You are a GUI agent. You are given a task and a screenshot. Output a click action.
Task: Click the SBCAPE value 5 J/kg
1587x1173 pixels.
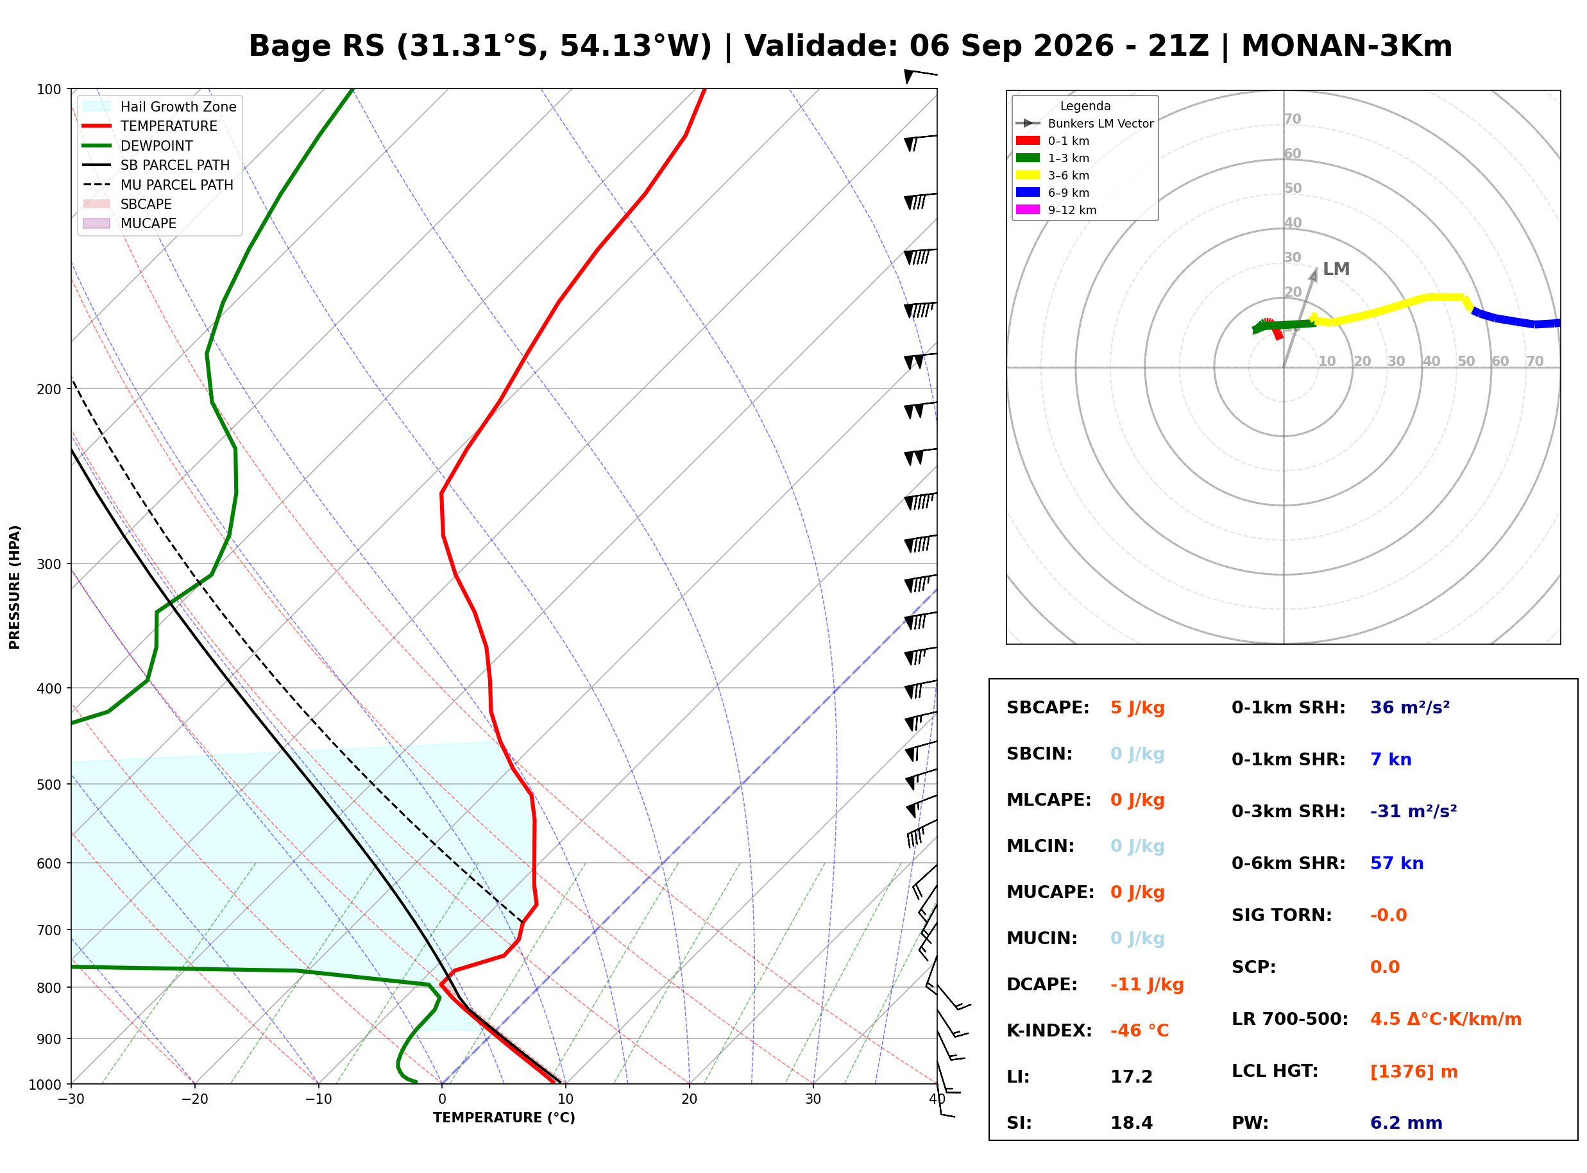pos(1137,708)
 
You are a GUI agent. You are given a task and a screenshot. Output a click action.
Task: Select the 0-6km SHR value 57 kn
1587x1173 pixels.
pos(1396,863)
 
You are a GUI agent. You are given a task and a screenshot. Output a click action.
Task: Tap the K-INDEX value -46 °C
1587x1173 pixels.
pos(1139,1030)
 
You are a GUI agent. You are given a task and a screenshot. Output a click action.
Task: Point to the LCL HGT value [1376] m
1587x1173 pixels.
pos(1414,1072)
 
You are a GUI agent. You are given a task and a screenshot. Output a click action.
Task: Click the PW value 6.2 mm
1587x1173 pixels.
pos(1406,1122)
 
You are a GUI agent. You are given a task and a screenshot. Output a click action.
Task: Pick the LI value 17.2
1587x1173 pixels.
pos(1131,1076)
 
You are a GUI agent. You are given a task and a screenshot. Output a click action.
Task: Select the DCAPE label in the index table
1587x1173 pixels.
pos(1041,984)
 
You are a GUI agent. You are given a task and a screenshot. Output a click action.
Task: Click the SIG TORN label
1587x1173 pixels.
pos(1282,915)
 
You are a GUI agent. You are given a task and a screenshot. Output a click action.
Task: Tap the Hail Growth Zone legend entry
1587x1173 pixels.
pos(160,106)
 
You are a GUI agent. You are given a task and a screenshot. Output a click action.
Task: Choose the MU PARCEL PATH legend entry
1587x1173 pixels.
pos(158,185)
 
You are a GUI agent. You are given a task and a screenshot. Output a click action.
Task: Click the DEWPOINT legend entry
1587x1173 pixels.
pos(138,146)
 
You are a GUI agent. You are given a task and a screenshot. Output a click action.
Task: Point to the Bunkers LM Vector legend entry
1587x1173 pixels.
pos(1085,124)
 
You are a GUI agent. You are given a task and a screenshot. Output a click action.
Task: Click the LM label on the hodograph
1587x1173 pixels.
pos(1336,269)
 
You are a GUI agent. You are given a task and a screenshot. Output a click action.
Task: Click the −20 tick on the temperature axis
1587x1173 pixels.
pos(194,1099)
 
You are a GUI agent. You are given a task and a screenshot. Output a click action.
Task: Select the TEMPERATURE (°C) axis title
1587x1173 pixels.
pos(504,1118)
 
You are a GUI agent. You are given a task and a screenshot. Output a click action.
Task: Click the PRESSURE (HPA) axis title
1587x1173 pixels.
pos(15,587)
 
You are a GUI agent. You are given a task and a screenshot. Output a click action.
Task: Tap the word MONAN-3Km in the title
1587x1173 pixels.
pos(1346,46)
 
